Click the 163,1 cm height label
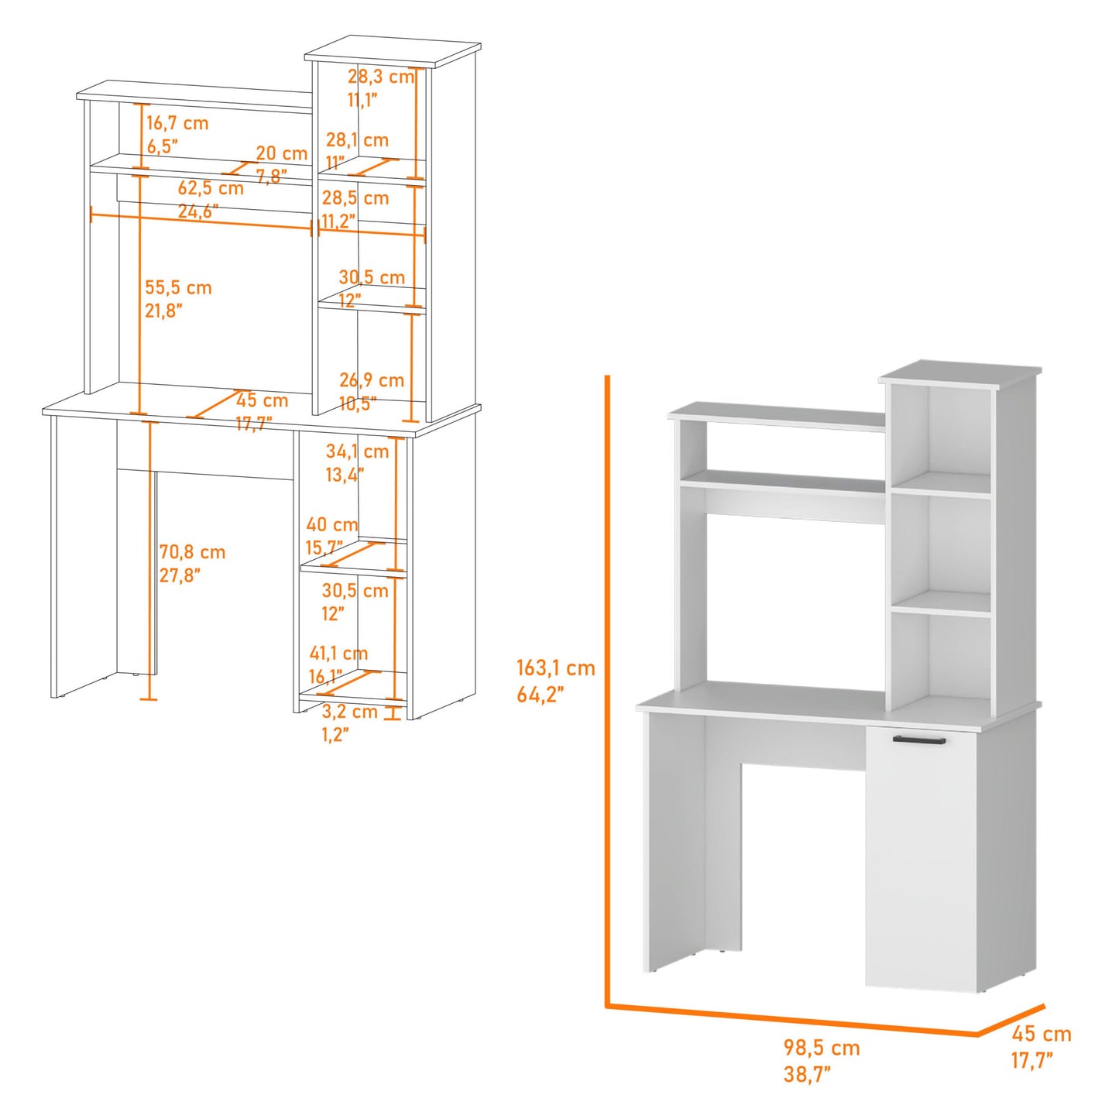pos(555,668)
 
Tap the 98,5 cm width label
pos(821,1048)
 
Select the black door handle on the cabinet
pos(919,740)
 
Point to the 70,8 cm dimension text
pos(192,552)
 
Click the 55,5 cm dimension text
pos(178,287)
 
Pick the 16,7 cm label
pos(177,123)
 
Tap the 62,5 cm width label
pos(211,188)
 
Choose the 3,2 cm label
pos(350,712)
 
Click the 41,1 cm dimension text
pos(338,654)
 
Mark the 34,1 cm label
pos(357,451)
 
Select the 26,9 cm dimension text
pos(372,380)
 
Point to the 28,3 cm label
pos(380,77)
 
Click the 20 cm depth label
pos(282,153)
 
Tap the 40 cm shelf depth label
pos(331,524)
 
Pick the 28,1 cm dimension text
pos(357,140)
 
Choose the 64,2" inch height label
pos(540,695)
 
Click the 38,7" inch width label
pos(807,1074)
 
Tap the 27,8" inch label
pos(180,575)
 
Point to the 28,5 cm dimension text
pos(355,198)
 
